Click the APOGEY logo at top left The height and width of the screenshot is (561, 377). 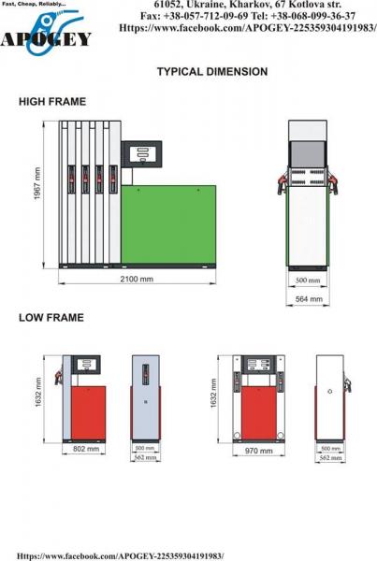(46, 34)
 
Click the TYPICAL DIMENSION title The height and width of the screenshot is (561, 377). (212, 72)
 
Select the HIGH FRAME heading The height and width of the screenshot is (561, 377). (52, 102)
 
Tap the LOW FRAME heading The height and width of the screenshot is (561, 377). (51, 318)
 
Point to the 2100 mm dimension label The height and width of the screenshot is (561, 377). (137, 279)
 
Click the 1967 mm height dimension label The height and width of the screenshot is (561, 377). (37, 184)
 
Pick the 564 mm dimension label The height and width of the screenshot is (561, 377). (309, 299)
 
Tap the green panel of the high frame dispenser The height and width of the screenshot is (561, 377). (168, 224)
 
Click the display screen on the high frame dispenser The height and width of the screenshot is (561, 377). (141, 154)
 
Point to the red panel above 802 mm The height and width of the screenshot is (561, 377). (89, 412)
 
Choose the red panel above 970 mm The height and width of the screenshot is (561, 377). (259, 413)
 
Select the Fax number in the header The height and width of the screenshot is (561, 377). (194, 16)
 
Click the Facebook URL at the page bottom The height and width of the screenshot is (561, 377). (121, 556)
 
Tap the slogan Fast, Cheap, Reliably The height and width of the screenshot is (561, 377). (33, 4)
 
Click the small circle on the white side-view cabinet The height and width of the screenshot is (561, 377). (329, 392)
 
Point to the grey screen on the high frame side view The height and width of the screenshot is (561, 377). (308, 154)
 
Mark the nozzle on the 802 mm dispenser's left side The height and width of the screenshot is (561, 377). (58, 378)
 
